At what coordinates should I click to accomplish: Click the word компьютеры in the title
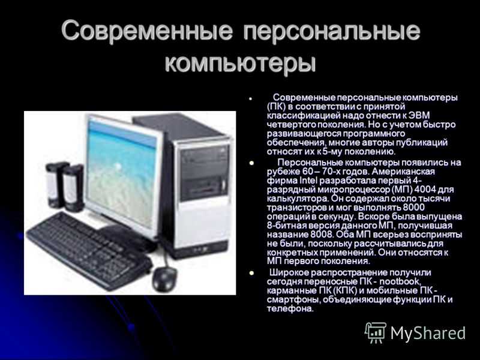pyautogui.click(x=240, y=64)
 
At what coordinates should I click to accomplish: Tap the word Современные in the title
pyautogui.click(x=147, y=31)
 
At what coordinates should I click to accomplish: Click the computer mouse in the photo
pyautogui.click(x=164, y=279)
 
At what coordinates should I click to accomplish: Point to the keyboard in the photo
pyautogui.click(x=89, y=250)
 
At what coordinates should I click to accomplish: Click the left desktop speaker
pyautogui.click(x=55, y=185)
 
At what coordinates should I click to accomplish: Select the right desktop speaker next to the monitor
pyautogui.click(x=73, y=188)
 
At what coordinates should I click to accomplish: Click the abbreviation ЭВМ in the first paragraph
pyautogui.click(x=419, y=115)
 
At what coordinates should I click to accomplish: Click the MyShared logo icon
pyautogui.click(x=375, y=332)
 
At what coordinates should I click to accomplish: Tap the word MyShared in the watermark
pyautogui.click(x=428, y=333)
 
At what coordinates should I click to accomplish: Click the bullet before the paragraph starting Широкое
pyautogui.click(x=252, y=273)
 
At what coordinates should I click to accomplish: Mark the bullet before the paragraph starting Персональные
pyautogui.click(x=252, y=163)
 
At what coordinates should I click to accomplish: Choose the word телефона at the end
pyautogui.click(x=290, y=308)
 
